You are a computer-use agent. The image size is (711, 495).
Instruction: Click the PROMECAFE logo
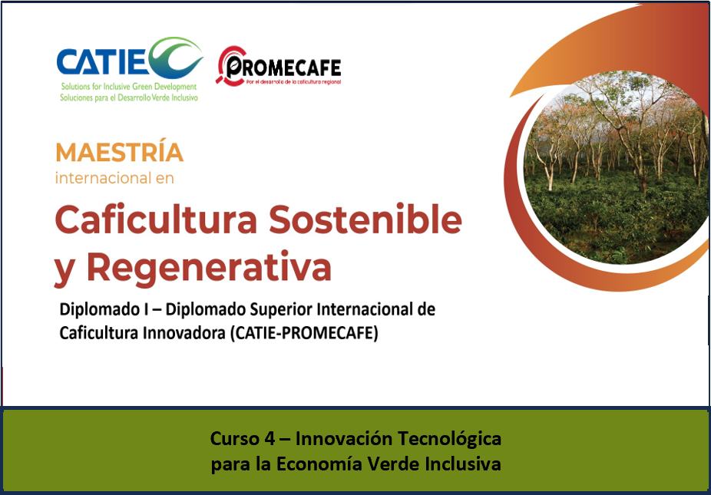tap(279, 66)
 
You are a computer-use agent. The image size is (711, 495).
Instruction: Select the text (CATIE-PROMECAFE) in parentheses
tap(303, 333)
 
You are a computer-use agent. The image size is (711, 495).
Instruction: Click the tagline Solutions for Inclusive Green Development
tap(129, 87)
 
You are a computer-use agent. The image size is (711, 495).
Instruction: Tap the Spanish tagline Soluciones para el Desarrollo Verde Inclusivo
tap(129, 97)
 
